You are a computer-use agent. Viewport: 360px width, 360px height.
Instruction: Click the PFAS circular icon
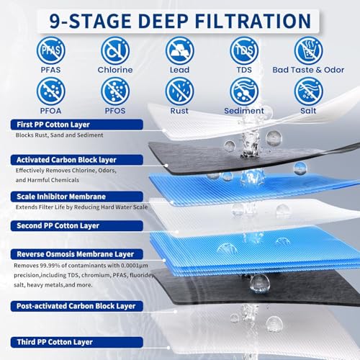[x=48, y=50]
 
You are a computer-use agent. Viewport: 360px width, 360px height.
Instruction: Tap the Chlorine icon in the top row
[x=113, y=50]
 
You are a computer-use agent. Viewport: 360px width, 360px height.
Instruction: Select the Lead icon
[x=178, y=50]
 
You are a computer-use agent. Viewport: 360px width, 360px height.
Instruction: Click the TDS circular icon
[x=243, y=50]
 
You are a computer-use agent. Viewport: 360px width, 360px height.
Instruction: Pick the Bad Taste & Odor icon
[x=309, y=50]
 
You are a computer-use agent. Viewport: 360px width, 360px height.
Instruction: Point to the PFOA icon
[x=48, y=91]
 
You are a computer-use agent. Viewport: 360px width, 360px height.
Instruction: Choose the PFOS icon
[x=113, y=91]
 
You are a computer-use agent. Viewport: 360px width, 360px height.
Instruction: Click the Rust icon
[x=178, y=91]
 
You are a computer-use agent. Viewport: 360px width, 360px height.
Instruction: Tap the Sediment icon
[x=243, y=91]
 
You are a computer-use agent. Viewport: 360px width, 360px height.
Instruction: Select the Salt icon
[x=309, y=91]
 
